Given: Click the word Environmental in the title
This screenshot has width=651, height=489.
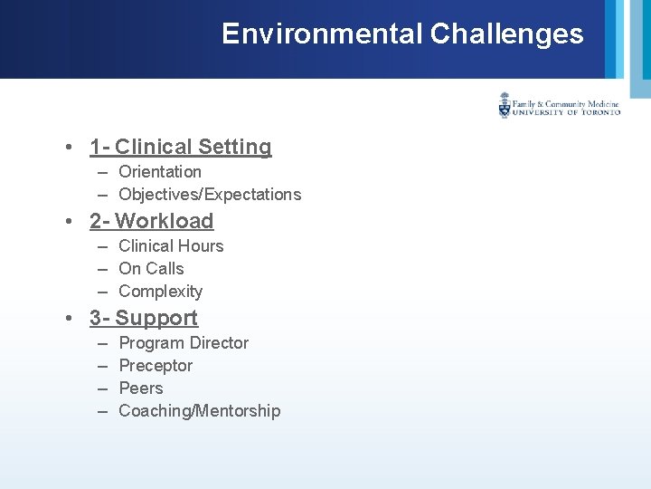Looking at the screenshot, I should (x=322, y=34).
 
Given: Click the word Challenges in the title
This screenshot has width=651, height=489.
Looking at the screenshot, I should (x=506, y=34).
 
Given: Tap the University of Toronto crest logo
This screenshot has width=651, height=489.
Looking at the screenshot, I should (x=505, y=106).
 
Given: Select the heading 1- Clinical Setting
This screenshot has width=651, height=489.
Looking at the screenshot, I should (x=180, y=147).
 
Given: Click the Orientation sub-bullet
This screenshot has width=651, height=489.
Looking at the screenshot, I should (x=160, y=172).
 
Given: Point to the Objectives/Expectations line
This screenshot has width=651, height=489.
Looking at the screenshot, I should (x=210, y=195).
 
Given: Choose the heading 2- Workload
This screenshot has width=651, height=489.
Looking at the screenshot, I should (x=151, y=221).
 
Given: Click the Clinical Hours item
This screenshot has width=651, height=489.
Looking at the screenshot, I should (x=171, y=246).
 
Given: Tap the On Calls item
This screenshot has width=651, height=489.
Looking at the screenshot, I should (x=151, y=269).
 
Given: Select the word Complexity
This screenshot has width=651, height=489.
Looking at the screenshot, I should (x=160, y=292).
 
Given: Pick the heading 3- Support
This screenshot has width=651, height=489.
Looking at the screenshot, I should (x=143, y=318).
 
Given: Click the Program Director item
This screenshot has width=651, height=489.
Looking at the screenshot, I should (x=184, y=343).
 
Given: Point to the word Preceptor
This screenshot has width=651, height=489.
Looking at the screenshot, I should (x=156, y=366).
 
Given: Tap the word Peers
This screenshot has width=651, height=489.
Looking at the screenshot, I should (x=141, y=388).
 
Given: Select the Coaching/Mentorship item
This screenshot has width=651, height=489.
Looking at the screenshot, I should (x=199, y=411).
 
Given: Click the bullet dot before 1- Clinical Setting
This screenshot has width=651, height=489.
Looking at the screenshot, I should (x=69, y=148).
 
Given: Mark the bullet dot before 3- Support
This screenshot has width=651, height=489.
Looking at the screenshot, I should (x=69, y=319).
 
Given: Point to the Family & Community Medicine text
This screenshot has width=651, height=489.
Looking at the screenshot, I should (x=566, y=104).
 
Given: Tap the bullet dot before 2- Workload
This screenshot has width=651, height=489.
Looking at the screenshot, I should (x=69, y=222).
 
